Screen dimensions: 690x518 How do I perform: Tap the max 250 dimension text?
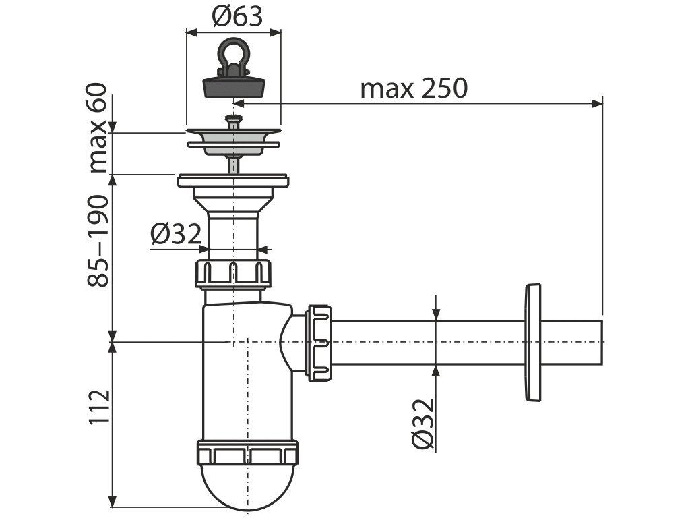tap(413, 88)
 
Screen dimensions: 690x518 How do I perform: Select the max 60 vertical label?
tap(99, 127)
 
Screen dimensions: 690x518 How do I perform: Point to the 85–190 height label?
tap(99, 241)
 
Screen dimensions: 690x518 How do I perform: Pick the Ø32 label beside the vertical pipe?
tap(176, 235)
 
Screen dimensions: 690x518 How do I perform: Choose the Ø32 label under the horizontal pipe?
tap(422, 423)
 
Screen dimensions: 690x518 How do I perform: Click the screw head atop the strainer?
tap(232, 120)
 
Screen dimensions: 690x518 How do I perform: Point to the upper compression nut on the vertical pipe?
tap(233, 272)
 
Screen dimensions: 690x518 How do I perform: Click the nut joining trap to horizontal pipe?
tap(320, 343)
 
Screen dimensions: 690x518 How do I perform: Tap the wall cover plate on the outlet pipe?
tap(532, 343)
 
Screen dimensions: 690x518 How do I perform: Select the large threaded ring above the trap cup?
tap(247, 453)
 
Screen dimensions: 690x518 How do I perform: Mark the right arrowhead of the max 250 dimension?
tap(597, 103)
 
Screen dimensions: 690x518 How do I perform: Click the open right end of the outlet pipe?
tap(599, 343)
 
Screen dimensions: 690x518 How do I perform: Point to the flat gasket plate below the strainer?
tap(233, 181)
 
